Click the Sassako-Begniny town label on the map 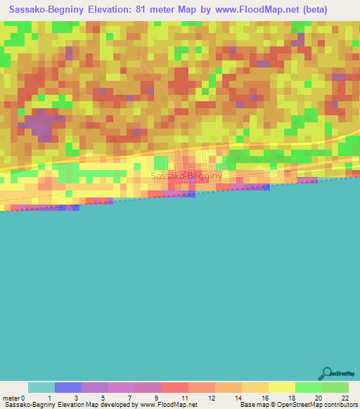click(186, 176)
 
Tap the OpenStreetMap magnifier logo click(326, 374)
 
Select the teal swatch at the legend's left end click(41, 387)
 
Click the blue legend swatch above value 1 click(67, 387)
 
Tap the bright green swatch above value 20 click(308, 387)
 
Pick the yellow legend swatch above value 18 click(281, 387)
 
